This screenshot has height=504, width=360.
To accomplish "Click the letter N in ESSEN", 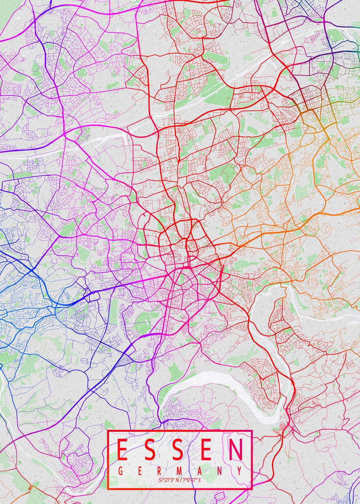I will [236, 449].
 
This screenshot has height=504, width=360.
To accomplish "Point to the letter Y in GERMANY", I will [239, 470].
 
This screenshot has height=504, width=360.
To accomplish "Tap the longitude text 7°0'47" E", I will [192, 480].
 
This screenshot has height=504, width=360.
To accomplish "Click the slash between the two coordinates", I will [180, 480].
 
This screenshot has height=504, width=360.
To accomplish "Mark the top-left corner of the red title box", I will [108, 431].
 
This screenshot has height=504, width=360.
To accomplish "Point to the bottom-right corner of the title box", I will [252, 489].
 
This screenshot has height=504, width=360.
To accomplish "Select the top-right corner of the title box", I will [252, 431].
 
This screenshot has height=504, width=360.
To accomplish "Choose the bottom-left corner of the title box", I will [108, 489].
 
